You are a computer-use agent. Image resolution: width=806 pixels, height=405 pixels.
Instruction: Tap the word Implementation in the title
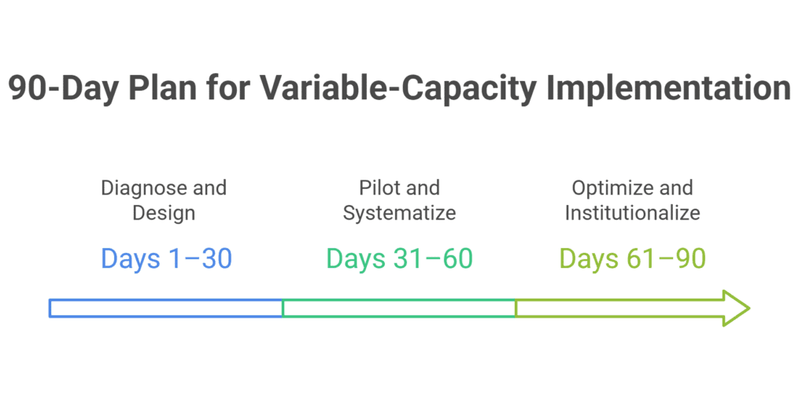point(668,89)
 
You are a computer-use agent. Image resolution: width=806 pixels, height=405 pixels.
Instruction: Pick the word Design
point(164,213)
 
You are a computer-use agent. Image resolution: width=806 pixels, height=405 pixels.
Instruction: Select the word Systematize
point(399,213)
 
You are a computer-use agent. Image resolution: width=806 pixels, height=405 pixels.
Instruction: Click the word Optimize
point(613,188)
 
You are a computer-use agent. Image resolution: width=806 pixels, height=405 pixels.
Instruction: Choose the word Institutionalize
point(632,213)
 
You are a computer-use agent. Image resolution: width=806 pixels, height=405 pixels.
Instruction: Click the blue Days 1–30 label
point(167,259)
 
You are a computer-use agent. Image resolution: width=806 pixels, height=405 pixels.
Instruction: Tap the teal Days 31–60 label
point(399,259)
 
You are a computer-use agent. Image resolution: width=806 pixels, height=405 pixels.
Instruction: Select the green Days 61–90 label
point(632,259)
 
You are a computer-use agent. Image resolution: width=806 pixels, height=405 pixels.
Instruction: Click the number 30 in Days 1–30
point(217,259)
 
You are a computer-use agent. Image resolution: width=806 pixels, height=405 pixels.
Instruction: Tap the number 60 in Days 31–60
point(457,259)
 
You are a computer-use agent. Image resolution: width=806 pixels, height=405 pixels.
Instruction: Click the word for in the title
point(228,88)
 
